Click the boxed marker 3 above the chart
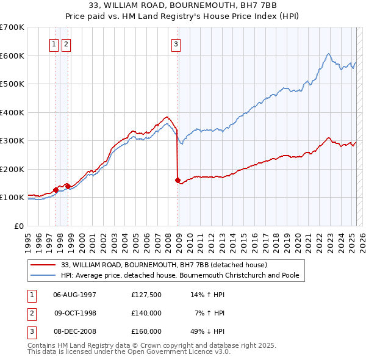click(176, 43)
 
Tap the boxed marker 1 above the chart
click(54, 43)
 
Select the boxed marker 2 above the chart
click(65, 43)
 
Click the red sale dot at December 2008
click(178, 180)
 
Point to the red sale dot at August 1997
click(56, 190)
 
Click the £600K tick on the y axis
click(12, 56)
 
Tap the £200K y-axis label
click(12, 169)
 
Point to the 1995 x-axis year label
click(28, 239)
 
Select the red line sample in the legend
click(43, 265)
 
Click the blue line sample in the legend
click(43, 275)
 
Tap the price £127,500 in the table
click(146, 295)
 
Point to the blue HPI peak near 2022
click(328, 54)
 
